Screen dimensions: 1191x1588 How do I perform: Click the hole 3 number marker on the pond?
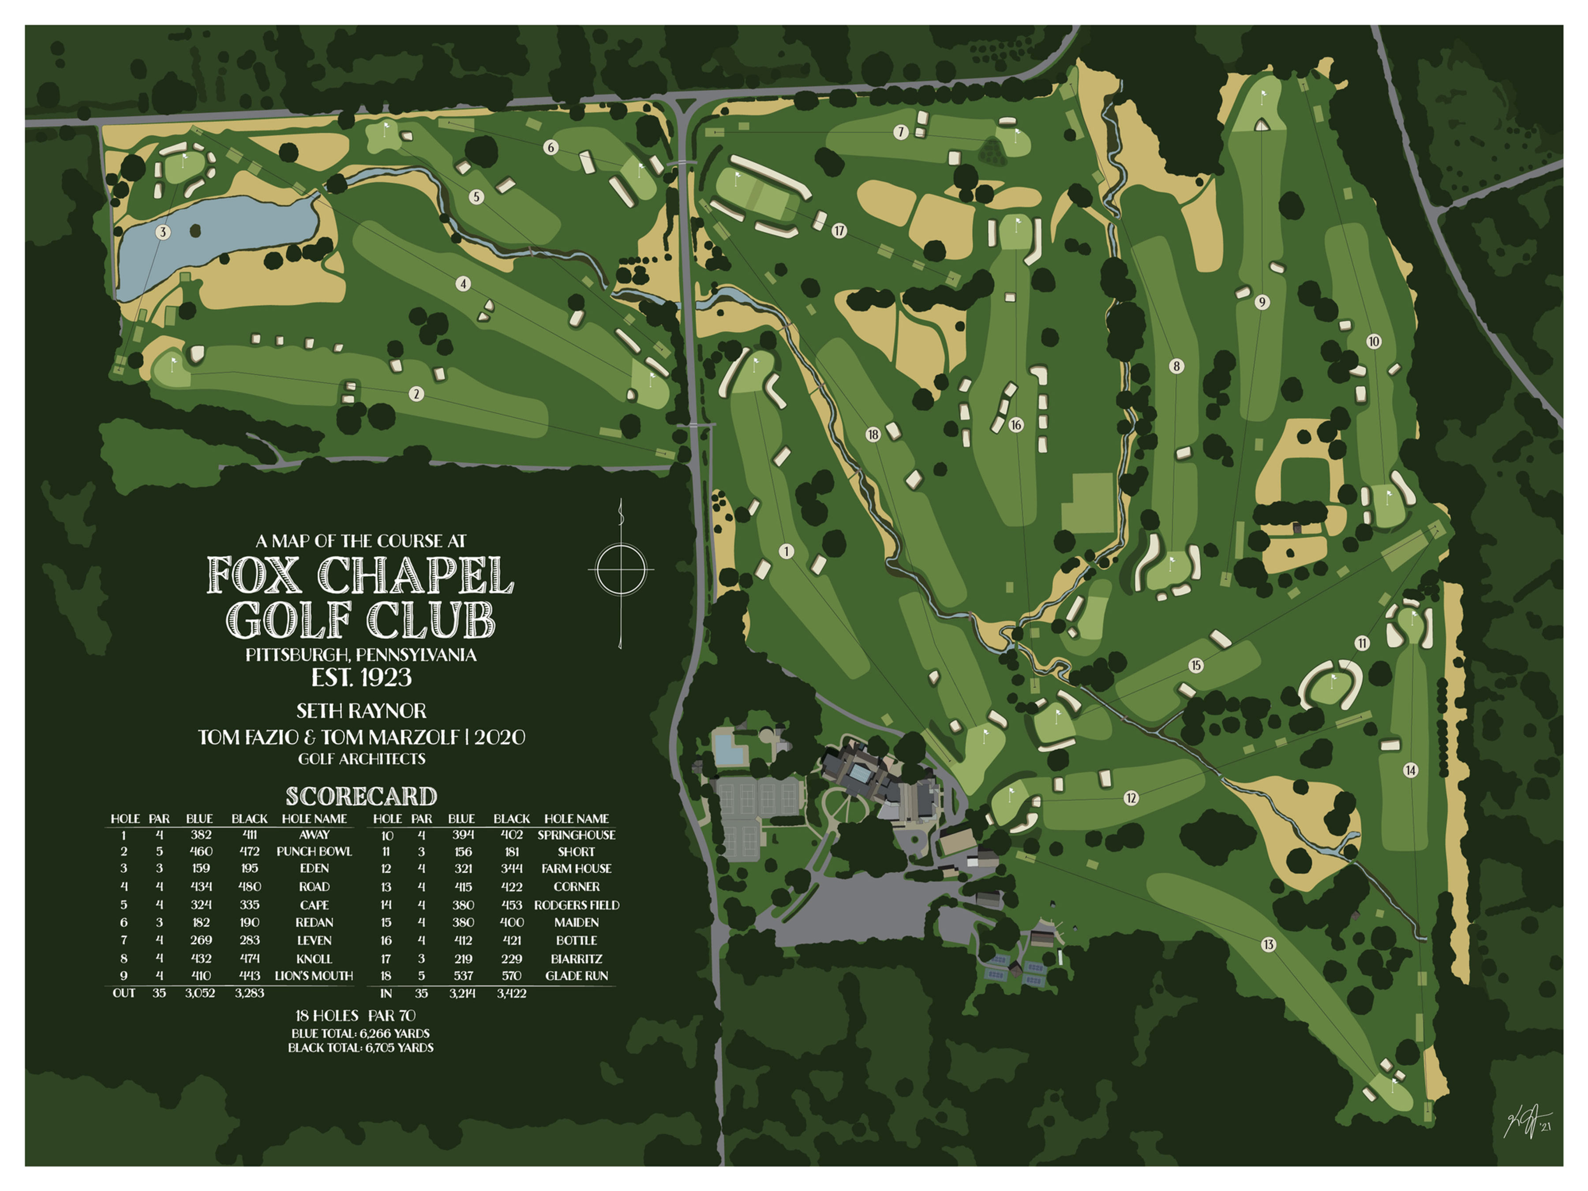(163, 232)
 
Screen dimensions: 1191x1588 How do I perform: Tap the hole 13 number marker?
(1269, 944)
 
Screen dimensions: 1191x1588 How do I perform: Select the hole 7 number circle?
(900, 132)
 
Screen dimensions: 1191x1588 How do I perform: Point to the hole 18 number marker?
(872, 434)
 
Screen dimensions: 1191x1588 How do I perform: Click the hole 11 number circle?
(1362, 643)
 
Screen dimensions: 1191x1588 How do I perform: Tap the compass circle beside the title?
(621, 570)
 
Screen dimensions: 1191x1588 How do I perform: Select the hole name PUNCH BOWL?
(314, 851)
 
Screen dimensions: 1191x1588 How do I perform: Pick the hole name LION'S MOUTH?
(314, 976)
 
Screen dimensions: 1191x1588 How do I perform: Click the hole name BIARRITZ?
(576, 959)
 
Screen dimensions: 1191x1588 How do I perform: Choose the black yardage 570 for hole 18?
(511, 976)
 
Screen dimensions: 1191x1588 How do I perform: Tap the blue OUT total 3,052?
(200, 993)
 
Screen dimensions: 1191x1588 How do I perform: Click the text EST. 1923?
(361, 677)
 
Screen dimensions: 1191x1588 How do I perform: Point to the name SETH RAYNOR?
(361, 711)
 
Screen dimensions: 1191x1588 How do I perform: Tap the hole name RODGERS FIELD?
(576, 905)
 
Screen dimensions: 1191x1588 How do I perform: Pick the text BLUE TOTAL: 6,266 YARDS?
(360, 1033)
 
